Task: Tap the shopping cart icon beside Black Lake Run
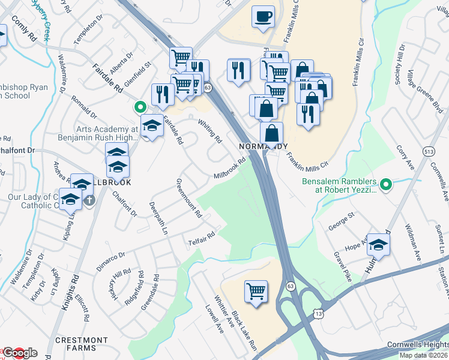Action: click(x=256, y=292)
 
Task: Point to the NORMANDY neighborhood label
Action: click(x=264, y=146)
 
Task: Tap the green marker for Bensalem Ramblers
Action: click(x=387, y=184)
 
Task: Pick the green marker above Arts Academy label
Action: click(x=140, y=107)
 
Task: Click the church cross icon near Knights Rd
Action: click(x=89, y=200)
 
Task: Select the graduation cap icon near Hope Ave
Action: click(x=378, y=244)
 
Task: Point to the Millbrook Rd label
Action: click(x=231, y=168)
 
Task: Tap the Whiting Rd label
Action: click(x=210, y=130)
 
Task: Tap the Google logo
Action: click(x=20, y=353)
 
